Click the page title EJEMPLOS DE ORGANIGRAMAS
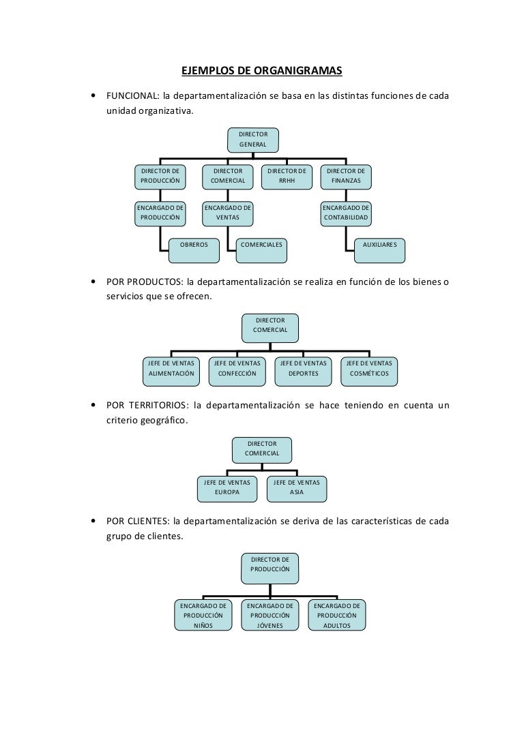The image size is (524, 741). tap(261, 71)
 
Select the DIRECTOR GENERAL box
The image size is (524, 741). tap(253, 140)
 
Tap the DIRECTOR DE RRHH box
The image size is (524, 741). tap(287, 177)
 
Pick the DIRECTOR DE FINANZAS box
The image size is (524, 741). tap(346, 177)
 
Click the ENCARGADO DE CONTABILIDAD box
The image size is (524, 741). tap(346, 213)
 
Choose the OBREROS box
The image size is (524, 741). tap(194, 250)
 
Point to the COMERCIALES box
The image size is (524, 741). tap(261, 250)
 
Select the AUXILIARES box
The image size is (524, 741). tap(380, 250)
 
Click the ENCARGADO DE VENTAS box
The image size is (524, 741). tap(228, 213)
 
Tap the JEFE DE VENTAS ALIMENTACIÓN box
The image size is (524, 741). tap(171, 372)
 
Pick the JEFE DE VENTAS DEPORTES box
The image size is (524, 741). tap(303, 372)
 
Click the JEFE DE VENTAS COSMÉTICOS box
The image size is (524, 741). tap(369, 372)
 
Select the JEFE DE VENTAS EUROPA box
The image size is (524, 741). tap(227, 489)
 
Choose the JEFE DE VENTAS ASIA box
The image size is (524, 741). tap(297, 489)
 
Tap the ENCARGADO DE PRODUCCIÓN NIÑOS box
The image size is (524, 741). tap(203, 616)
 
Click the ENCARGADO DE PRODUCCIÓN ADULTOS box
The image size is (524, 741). tap(337, 616)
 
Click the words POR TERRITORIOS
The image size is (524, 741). tap(147, 406)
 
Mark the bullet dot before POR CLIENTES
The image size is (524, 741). tap(93, 521)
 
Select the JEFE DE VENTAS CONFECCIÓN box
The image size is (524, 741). tap(237, 372)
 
